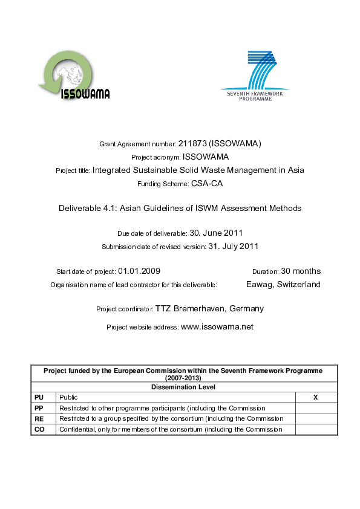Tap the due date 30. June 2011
(217, 233)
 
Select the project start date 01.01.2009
(139, 271)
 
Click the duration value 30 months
(301, 271)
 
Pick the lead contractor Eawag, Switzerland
(283, 285)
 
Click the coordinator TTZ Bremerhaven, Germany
(209, 309)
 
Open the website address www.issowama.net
(217, 327)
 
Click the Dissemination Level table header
(184, 387)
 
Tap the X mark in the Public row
(315, 398)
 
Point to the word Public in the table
(68, 398)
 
